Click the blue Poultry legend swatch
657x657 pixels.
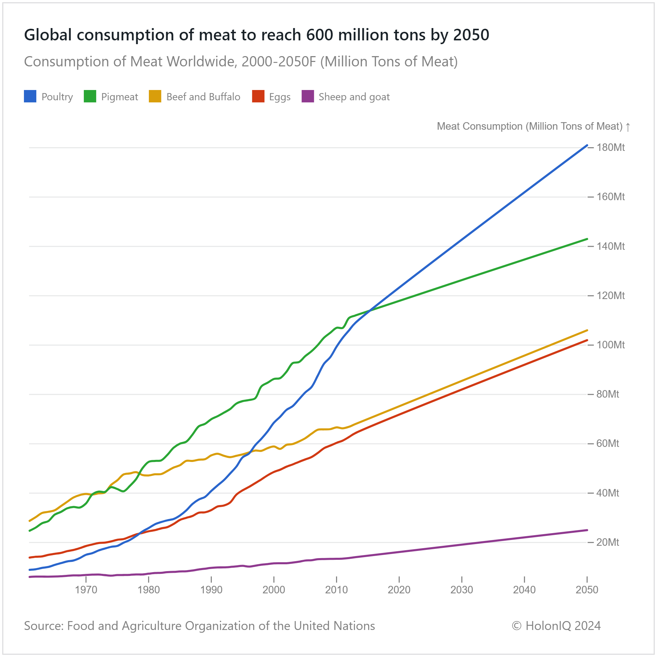click(30, 96)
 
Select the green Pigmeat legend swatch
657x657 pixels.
click(90, 96)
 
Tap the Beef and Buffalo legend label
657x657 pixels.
click(203, 97)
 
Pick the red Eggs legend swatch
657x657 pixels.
click(258, 96)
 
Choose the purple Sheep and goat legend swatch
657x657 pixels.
click(308, 96)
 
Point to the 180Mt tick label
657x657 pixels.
click(610, 147)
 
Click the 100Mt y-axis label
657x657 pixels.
click(610, 345)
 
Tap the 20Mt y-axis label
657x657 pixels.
click(608, 542)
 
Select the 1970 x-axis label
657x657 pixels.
click(86, 590)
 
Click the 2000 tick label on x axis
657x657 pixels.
click(274, 590)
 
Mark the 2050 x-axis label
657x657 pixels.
click(587, 590)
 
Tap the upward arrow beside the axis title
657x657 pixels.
click(628, 127)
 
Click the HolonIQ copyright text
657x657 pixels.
click(556, 626)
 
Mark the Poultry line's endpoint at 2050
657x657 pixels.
click(587, 145)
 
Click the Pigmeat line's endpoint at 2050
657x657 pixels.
click(587, 239)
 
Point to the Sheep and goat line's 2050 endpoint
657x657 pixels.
click(587, 530)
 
